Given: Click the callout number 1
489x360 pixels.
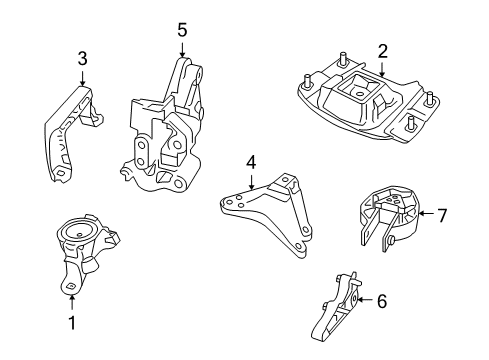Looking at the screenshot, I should pos(71,322).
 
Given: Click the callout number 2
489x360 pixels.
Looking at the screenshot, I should pos(381,51).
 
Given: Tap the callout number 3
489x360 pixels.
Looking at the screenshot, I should pos(82,59).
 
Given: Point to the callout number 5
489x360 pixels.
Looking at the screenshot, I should pos(181,31).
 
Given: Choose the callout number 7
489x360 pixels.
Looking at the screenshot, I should pos(443,213).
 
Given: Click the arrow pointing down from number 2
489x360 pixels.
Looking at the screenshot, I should pos(381,69).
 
